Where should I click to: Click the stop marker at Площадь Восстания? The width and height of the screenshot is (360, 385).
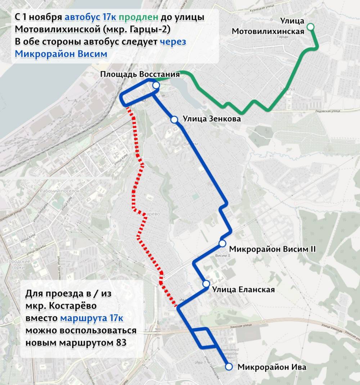click(x=156, y=85)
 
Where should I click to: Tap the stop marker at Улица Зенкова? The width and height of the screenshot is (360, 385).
click(x=174, y=119)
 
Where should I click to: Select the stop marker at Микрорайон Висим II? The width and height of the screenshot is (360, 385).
click(x=222, y=244)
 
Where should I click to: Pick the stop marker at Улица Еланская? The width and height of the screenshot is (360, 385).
click(x=206, y=284)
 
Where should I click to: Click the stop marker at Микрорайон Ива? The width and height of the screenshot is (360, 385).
click(x=229, y=367)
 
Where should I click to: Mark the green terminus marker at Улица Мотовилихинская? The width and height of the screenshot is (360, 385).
click(x=310, y=27)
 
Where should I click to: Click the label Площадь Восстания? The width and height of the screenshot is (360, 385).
click(x=140, y=74)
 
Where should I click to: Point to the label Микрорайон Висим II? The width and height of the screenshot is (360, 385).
click(x=272, y=249)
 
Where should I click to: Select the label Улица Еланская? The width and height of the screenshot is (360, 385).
click(x=243, y=290)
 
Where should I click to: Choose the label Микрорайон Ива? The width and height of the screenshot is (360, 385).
click(x=272, y=367)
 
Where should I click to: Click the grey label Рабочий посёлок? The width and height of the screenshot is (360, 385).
click(x=60, y=191)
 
